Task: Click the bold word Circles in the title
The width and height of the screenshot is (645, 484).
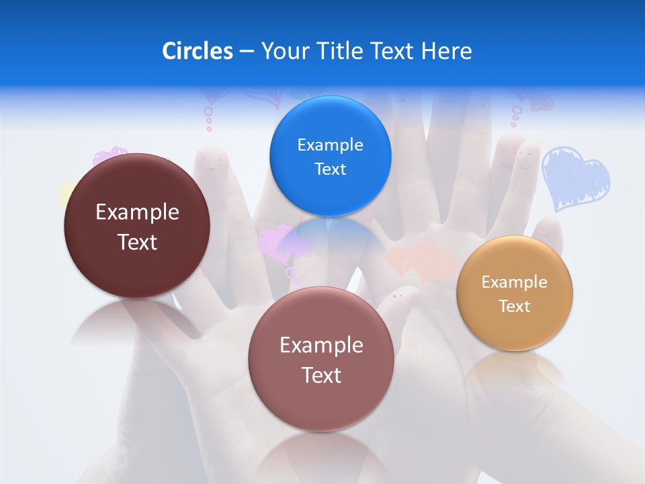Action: pos(197,51)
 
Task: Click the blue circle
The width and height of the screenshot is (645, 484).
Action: pos(330,156)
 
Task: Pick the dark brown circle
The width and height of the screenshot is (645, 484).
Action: pos(137,226)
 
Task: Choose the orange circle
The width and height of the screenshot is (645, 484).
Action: pos(515,293)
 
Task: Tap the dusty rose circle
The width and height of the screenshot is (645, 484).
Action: pos(321,359)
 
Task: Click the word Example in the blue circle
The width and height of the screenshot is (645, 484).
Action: pos(330,145)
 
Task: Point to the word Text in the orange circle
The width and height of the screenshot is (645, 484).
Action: pos(515,307)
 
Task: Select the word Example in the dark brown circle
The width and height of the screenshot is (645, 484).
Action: pos(137,212)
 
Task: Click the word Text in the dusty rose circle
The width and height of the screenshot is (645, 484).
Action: pos(321,375)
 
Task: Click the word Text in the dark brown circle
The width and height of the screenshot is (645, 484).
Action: pos(137,242)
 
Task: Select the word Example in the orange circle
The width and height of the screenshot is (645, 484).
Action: pos(515,282)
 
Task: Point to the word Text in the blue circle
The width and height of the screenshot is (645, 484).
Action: pos(330,169)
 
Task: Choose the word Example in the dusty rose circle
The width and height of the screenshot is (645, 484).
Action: pos(321,346)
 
